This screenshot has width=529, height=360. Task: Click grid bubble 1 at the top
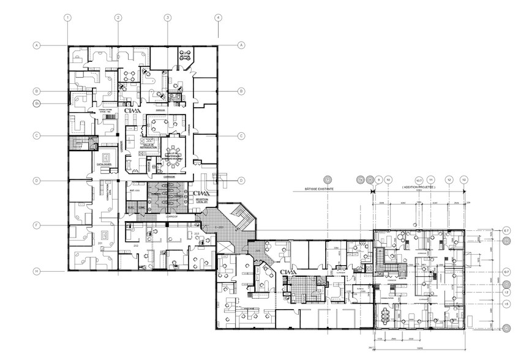[x=67, y=18]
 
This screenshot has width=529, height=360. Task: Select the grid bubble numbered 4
[x=218, y=18]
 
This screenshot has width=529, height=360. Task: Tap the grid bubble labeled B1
[x=37, y=103]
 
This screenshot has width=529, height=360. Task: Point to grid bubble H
[x=37, y=271]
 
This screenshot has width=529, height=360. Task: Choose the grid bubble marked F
[x=37, y=226]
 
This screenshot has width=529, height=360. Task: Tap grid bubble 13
[x=464, y=179]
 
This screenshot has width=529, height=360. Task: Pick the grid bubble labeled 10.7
[x=419, y=179]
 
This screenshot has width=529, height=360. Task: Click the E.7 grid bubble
[x=506, y=230]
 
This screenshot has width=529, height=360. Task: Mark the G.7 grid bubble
[x=506, y=271]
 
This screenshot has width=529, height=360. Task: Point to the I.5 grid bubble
[x=506, y=304]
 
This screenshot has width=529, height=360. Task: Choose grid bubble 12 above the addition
[x=449, y=179]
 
